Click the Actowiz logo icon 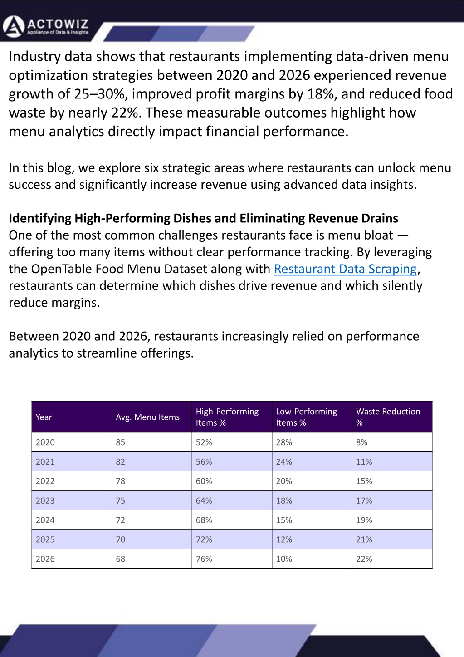tap(13, 26)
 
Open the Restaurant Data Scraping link tap(345, 269)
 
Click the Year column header tap(44, 417)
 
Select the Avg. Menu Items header tap(147, 417)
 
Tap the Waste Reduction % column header tap(388, 417)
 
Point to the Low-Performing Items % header tap(306, 417)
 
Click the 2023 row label tap(45, 500)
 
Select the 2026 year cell tap(45, 559)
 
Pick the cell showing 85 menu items tap(121, 442)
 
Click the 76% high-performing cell tap(204, 559)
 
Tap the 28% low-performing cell tap(284, 442)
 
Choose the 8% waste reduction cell tap(361, 442)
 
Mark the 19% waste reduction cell tap(364, 520)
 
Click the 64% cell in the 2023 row tap(204, 500)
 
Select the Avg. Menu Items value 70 tap(121, 539)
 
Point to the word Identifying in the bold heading tap(40, 219)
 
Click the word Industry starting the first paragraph tap(34, 57)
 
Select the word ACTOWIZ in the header tap(58, 24)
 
